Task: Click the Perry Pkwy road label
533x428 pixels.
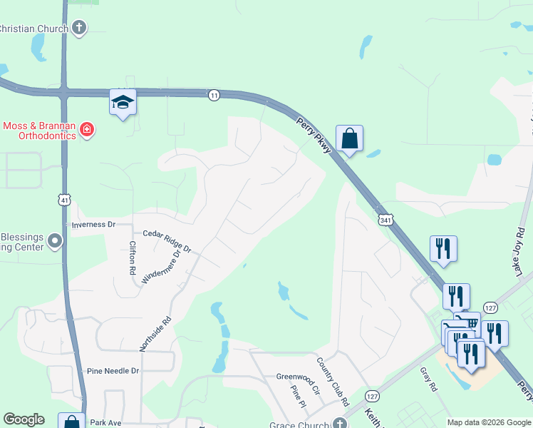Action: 313,133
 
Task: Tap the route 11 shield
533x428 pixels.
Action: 214,95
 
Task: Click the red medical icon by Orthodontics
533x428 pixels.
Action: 87,130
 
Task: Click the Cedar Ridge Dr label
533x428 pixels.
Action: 167,241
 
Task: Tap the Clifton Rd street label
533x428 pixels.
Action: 133,258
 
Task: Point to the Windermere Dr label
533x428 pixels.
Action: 161,265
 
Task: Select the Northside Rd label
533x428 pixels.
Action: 156,333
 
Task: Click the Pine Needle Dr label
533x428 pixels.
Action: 113,371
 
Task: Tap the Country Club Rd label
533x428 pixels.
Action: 332,382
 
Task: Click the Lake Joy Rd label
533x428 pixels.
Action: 520,251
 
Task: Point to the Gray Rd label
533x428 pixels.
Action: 428,379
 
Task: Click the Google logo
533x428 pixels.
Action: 24,419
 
